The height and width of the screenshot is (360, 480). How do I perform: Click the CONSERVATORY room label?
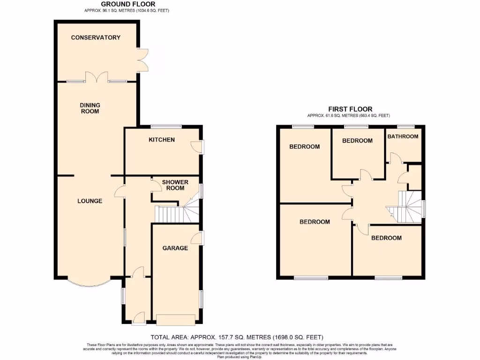(x=96, y=37)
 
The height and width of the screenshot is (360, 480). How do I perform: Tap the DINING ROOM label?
(x=90, y=108)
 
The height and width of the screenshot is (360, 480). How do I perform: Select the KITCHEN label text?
(x=162, y=140)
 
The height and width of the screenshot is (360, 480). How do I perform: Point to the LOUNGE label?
(x=90, y=201)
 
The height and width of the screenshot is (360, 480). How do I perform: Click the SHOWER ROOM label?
(x=175, y=185)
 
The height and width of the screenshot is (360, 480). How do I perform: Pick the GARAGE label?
(x=175, y=248)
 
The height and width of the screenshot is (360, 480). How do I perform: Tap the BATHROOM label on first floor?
(x=403, y=136)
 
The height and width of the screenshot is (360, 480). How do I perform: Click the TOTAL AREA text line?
(x=237, y=337)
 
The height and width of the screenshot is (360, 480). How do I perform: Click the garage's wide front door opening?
(x=176, y=320)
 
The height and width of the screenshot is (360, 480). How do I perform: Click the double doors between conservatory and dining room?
(x=96, y=77)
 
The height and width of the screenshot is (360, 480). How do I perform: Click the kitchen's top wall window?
(x=166, y=126)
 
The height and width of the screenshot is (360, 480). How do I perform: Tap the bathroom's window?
(x=405, y=126)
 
